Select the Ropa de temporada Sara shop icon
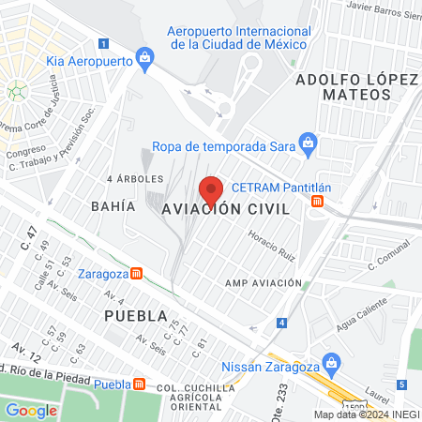307,143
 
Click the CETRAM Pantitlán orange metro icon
319,200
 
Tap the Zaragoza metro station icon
137,274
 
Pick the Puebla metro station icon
140,384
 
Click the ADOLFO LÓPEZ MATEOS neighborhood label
354,87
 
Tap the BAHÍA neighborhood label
109,204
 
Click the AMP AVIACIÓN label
264,282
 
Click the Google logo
32,410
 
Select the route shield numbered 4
281,323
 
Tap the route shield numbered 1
103,42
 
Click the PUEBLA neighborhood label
136,315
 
